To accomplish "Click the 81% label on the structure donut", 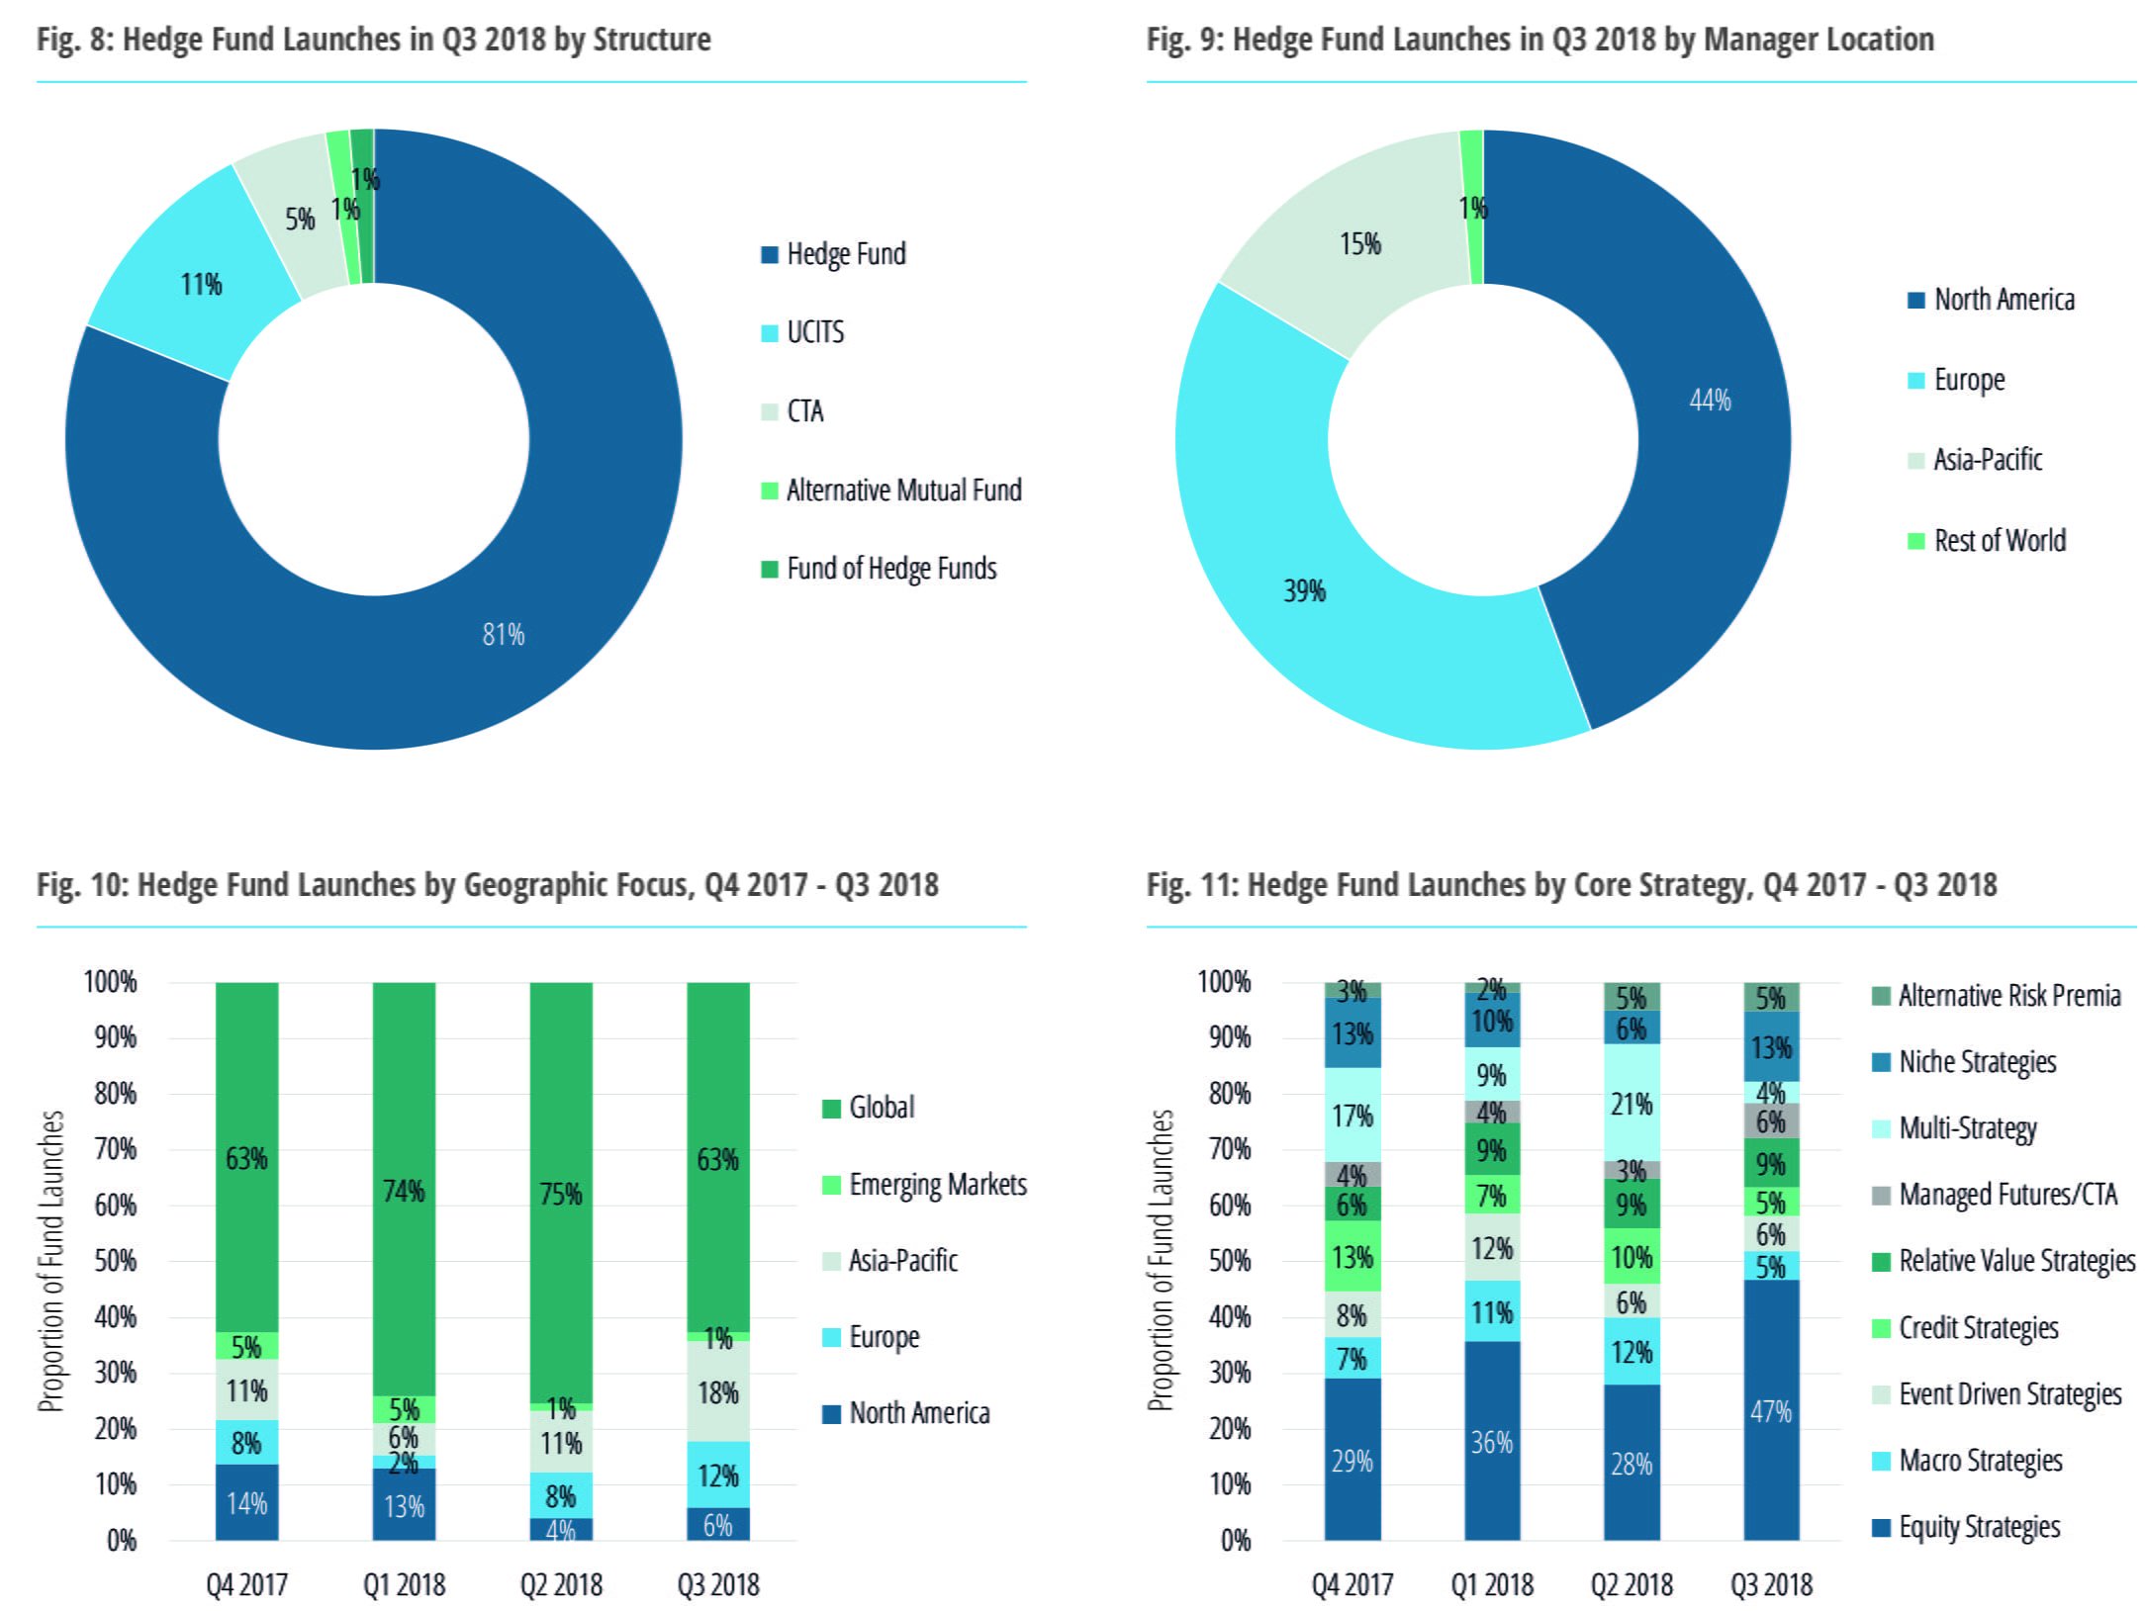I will coord(503,634).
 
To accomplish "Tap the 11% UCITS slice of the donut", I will coord(201,285).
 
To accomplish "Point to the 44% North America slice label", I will coord(1710,401).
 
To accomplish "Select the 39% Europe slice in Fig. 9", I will coord(1304,591).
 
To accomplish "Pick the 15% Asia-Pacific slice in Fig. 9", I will coord(1359,244).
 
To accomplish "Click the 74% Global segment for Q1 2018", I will coord(404,1191).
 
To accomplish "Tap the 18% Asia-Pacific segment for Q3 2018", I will coord(718,1393).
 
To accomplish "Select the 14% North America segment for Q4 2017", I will coord(246,1503).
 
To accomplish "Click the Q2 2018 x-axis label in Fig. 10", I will coord(561,1585).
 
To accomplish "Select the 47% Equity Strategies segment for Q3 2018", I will coord(1770,1411).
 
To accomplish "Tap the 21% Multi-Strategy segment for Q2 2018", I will coord(1632,1104).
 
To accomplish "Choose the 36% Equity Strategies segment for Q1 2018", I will coord(1491,1442).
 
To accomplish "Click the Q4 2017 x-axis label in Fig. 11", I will coord(1352,1585).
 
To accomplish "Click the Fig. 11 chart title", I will coord(1571,884).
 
